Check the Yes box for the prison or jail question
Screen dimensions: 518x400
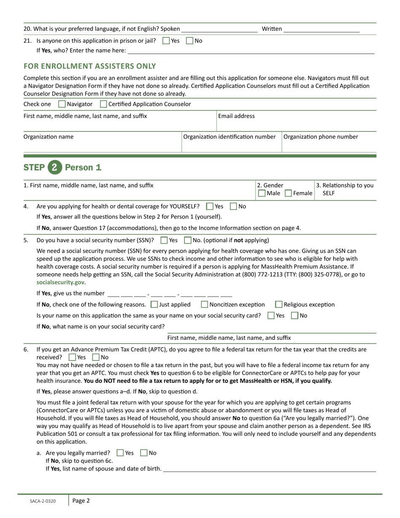166,41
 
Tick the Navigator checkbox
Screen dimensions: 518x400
62,104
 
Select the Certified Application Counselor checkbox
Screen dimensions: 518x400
103,104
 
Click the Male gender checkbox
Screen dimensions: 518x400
261,193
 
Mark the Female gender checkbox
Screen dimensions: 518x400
288,193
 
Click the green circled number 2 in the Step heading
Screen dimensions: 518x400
54,167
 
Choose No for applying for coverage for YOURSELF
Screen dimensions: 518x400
233,206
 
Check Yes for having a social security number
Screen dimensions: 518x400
164,240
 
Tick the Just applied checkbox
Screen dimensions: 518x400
154,304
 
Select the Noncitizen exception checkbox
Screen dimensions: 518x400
205,304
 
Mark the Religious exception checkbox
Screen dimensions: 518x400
279,304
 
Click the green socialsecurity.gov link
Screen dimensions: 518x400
60,282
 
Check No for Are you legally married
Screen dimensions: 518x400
144,453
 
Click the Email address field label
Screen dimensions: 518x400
236,116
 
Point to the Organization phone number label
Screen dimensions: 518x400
320,137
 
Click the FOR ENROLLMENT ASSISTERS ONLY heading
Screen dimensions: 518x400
90,66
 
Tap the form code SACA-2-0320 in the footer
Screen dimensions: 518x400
42,501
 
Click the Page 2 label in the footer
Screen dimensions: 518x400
81,501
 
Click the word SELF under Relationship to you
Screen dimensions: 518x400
328,193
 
